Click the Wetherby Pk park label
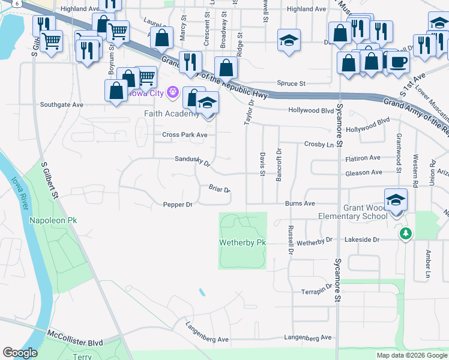(x=243, y=242)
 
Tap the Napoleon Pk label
(x=53, y=221)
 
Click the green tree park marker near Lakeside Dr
(x=406, y=233)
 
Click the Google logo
(x=20, y=353)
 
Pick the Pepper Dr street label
(x=177, y=205)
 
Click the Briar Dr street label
(x=220, y=190)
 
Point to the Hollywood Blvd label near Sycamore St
(x=311, y=110)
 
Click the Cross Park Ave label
(x=185, y=135)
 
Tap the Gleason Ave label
(x=364, y=173)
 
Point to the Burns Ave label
(x=300, y=203)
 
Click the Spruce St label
(x=291, y=83)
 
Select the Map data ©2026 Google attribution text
(x=412, y=355)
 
